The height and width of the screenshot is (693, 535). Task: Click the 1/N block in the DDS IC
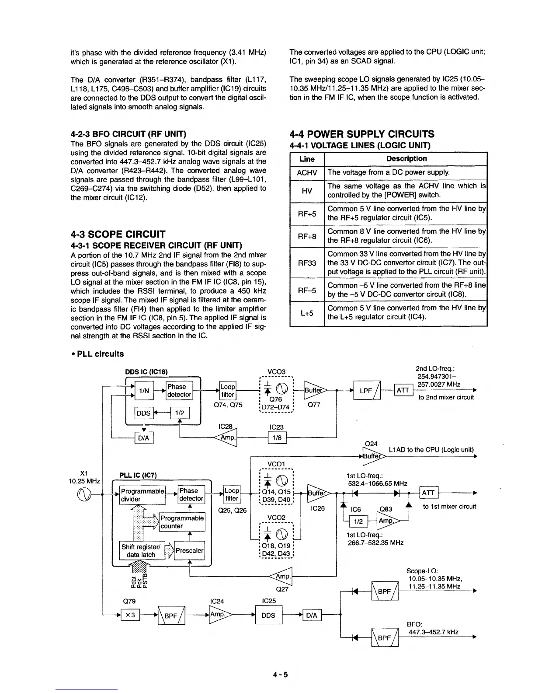point(142,391)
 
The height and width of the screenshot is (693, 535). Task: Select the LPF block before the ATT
point(367,390)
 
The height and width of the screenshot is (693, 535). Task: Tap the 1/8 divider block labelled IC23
point(276,437)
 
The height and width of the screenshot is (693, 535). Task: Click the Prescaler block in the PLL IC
point(189,550)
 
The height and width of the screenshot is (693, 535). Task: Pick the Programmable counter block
point(182,522)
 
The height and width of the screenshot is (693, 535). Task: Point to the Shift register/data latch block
point(141,550)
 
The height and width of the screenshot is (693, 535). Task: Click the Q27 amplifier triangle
point(282,577)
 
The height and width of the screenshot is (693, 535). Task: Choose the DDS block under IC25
point(268,615)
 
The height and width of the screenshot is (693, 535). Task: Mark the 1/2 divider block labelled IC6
point(358,522)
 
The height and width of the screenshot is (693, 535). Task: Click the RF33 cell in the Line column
point(307,263)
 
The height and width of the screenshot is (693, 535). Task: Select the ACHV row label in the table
point(307,173)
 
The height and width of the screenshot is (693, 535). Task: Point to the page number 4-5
point(280,674)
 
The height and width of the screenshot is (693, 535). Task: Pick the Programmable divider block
point(142,494)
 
